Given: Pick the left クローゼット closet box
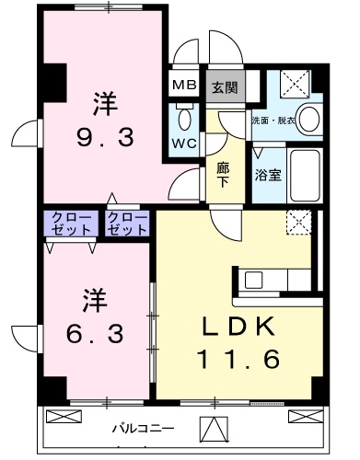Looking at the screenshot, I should (x=71, y=223).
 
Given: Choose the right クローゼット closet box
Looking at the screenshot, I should (x=125, y=223).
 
